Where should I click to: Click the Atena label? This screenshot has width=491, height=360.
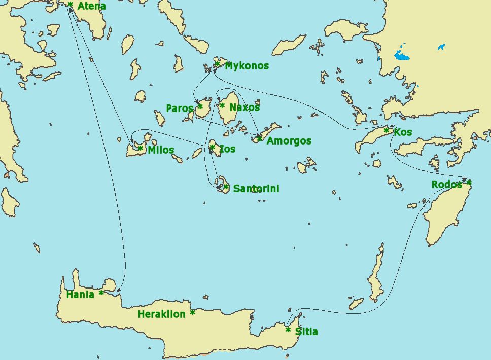pyautogui.click(x=91, y=7)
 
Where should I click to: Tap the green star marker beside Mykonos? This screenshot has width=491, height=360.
pyautogui.click(x=217, y=64)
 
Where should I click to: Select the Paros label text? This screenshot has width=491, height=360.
pyautogui.click(x=180, y=109)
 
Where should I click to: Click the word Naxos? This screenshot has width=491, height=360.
pyautogui.click(x=244, y=107)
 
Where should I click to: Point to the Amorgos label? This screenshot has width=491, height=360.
pyautogui.click(x=289, y=141)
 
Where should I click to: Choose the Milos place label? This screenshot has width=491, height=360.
pyautogui.click(x=161, y=150)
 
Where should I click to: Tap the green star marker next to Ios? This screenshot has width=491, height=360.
pyautogui.click(x=212, y=148)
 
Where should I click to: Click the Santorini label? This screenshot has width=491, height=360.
pyautogui.click(x=256, y=189)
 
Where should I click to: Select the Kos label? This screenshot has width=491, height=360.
pyautogui.click(x=403, y=132)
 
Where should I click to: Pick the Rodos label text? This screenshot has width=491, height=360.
pyautogui.click(x=446, y=185)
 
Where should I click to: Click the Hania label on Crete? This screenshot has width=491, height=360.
pyautogui.click(x=80, y=295)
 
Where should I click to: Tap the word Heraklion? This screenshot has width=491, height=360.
pyautogui.click(x=161, y=314)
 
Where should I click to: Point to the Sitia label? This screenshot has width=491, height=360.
pyautogui.click(x=306, y=332)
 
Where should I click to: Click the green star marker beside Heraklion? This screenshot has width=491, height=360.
pyautogui.click(x=192, y=313)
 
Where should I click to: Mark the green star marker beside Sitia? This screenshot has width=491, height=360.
pyautogui.click(x=288, y=330)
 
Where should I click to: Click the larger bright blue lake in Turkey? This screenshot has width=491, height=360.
pyautogui.click(x=401, y=55)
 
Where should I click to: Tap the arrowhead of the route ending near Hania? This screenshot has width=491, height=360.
pyautogui.click(x=118, y=291)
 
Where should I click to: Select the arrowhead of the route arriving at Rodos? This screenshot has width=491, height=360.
pyautogui.click(x=464, y=179)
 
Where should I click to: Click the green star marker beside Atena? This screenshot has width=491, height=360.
pyautogui.click(x=70, y=5)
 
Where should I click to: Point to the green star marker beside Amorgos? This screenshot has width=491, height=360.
pyautogui.click(x=259, y=138)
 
